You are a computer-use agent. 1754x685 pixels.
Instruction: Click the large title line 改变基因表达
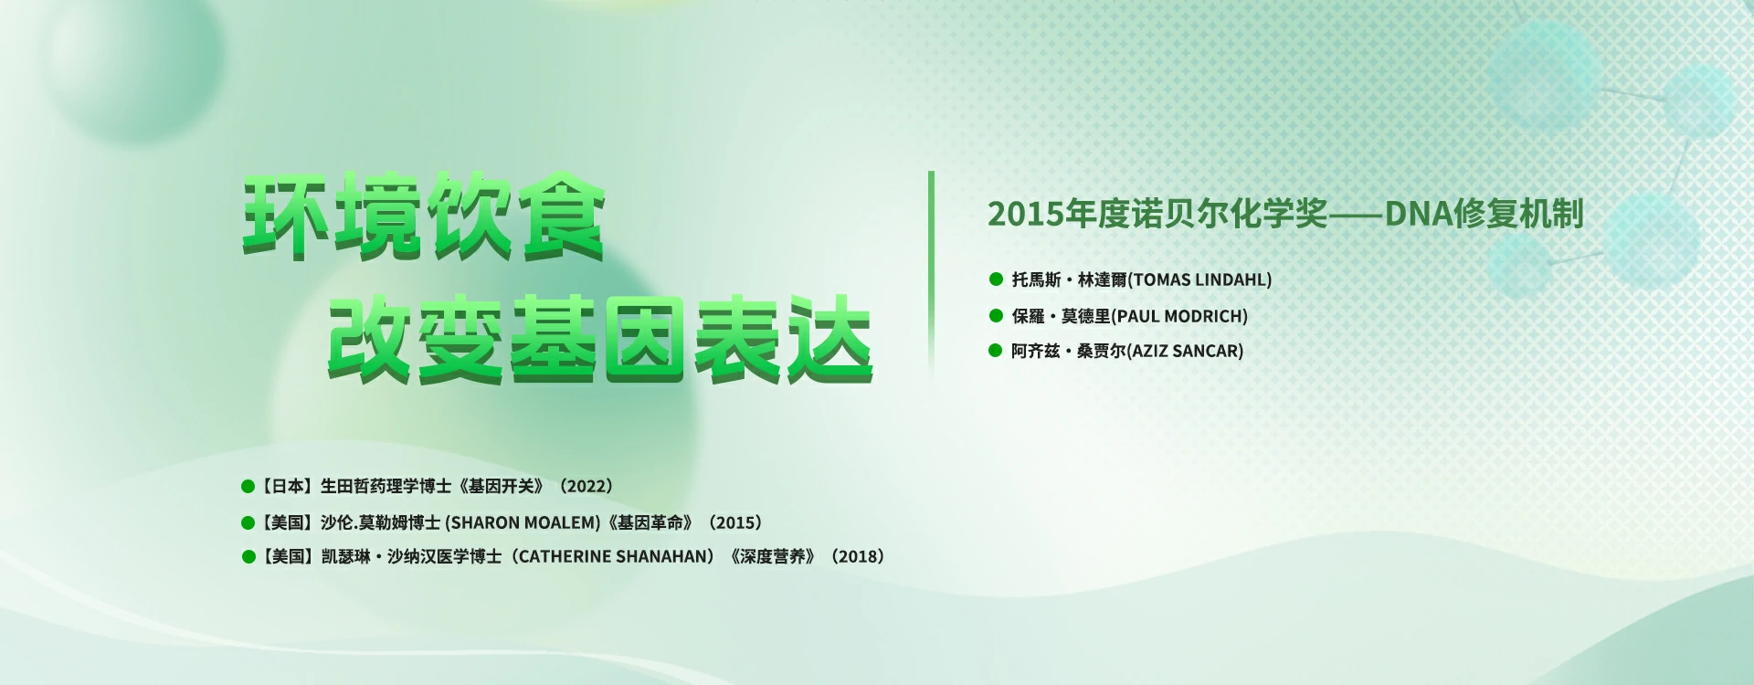pyautogui.click(x=600, y=339)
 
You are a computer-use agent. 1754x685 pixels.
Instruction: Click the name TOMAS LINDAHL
pyautogui.click(x=1200, y=280)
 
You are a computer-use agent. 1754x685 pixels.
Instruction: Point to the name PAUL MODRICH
pyautogui.click(x=1179, y=316)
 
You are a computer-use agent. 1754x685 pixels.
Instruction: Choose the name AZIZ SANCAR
pyautogui.click(x=1186, y=351)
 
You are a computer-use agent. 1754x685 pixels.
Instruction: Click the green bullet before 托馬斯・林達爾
pyautogui.click(x=996, y=279)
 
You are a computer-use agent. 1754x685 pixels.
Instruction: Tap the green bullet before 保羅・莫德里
pyautogui.click(x=996, y=315)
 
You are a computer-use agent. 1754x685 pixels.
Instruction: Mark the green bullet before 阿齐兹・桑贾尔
pyautogui.click(x=996, y=350)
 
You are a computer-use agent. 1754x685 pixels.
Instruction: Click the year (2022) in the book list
pyautogui.click(x=585, y=487)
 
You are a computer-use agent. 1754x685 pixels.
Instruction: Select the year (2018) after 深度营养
pyautogui.click(x=857, y=556)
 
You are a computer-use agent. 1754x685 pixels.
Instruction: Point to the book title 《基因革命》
pyautogui.click(x=650, y=522)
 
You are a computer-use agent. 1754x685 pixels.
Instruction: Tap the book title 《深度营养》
pyautogui.click(x=772, y=556)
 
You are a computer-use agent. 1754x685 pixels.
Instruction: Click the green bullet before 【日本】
pyautogui.click(x=248, y=487)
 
